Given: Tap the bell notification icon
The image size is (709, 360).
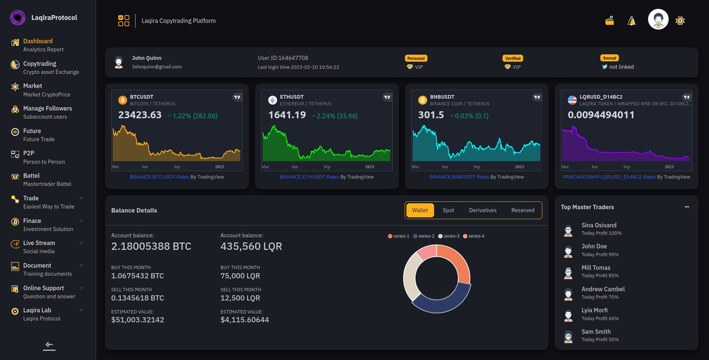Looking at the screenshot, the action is pos(632,21).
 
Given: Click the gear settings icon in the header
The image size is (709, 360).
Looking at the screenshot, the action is pos(680,21).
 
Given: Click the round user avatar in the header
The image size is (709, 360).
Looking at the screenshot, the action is pos(658,20).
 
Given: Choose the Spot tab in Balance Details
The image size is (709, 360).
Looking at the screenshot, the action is pos(448,210).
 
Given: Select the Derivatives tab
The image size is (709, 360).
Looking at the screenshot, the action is pos(483,210).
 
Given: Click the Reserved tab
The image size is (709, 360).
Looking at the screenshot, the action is pos(522,210).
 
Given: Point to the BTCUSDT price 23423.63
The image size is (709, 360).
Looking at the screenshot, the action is pos(140,115).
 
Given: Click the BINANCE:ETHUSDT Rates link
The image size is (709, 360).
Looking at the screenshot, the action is pos(309,177).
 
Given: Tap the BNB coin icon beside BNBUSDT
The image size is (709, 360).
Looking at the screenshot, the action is pos(422,100).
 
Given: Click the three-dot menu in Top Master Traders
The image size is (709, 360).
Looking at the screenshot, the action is pos(687,207).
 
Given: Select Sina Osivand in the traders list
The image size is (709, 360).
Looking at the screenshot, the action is pos(599,225).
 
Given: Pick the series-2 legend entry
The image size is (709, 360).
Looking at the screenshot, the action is pos(424,236).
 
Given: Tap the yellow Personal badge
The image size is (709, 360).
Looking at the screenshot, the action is pos(416,59).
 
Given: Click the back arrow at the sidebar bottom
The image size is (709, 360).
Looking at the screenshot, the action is pos(49,345).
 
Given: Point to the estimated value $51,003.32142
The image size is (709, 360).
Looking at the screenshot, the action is pos(138,320).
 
